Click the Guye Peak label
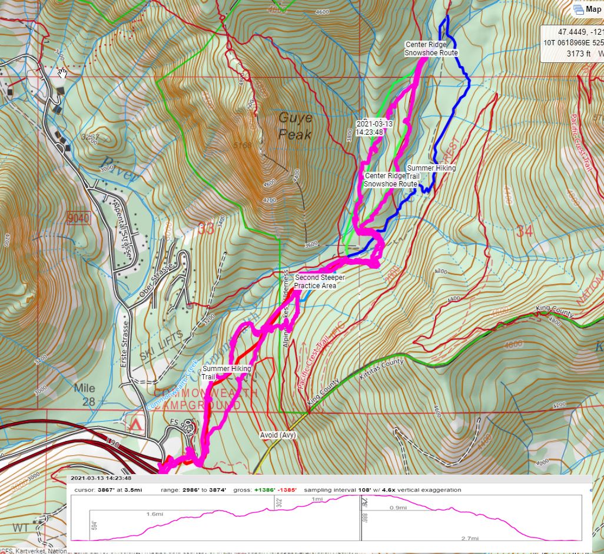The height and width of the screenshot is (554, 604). tap(295, 126)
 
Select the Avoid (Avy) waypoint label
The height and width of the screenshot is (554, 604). tap(278, 435)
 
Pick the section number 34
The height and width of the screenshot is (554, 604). tap(524, 231)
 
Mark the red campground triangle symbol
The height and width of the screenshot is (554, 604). tap(137, 424)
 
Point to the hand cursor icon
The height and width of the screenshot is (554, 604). tap(62, 73)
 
